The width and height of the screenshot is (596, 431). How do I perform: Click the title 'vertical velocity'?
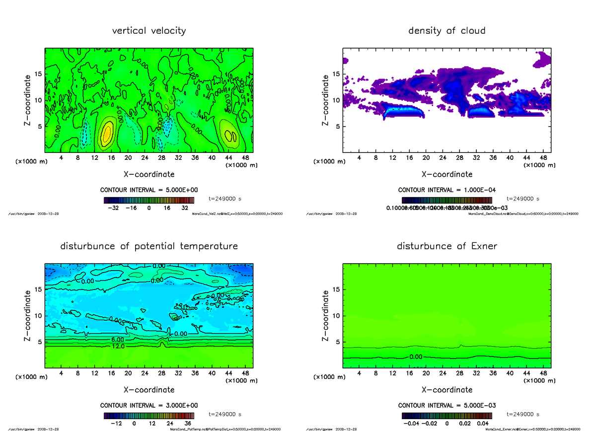click(x=149, y=31)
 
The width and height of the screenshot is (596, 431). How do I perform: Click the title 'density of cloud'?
click(x=447, y=31)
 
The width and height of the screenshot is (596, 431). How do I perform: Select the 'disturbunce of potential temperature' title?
click(x=149, y=246)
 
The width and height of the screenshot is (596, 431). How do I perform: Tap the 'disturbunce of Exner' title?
click(x=447, y=246)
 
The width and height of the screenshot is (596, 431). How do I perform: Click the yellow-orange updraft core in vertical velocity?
click(x=107, y=134)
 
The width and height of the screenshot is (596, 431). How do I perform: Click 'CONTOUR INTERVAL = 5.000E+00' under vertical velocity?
click(x=149, y=190)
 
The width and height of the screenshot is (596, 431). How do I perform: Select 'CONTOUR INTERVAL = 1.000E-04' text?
click(x=447, y=190)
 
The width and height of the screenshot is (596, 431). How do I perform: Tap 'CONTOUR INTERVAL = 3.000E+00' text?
click(x=149, y=405)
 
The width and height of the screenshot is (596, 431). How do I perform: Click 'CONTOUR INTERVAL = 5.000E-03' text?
click(x=447, y=405)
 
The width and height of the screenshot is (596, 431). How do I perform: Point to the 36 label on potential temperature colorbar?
click(x=188, y=424)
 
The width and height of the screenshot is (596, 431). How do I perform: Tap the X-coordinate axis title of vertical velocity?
click(x=149, y=174)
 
